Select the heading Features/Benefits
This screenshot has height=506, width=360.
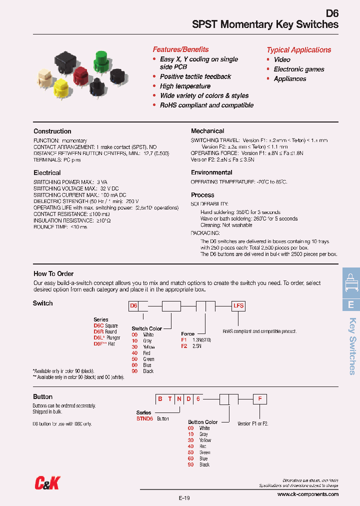180,49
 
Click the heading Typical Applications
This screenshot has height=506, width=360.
298,50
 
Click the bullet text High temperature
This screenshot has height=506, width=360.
185,86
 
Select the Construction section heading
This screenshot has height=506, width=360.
52,131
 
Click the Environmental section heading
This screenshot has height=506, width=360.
211,172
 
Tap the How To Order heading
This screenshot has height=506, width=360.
53,273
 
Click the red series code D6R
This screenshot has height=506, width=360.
98,331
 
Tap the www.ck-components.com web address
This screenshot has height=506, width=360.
307,494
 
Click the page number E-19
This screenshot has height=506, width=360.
184,498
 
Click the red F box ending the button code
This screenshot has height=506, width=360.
259,399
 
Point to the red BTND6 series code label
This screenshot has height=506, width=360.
144,418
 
